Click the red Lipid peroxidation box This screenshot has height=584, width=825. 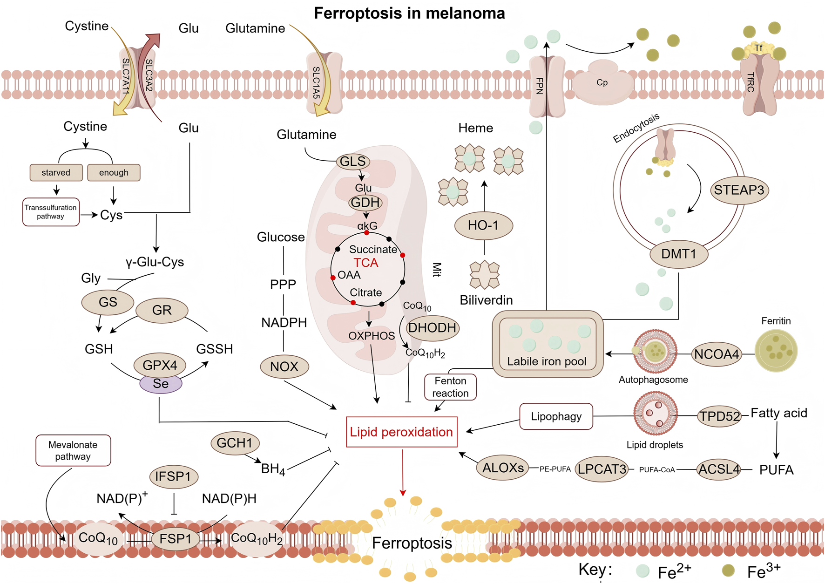(401, 432)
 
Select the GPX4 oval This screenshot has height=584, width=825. (160, 365)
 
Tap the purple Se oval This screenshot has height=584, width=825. (161, 384)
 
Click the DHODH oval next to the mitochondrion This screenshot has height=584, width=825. (432, 328)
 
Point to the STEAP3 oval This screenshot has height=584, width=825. (739, 190)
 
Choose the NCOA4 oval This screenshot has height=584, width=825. (716, 354)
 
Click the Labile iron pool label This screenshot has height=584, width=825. (547, 361)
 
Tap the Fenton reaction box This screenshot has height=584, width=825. (450, 387)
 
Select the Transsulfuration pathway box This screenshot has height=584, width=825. (51, 212)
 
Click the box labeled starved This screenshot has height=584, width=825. (56, 172)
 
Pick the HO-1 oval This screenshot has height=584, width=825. (483, 225)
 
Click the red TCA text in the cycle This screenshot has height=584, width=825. (366, 263)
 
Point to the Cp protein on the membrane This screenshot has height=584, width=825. (602, 83)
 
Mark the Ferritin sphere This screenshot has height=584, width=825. (776, 351)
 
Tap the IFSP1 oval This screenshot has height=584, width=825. (174, 476)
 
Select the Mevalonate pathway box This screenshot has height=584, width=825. (73, 450)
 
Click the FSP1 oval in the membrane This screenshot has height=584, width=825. (176, 539)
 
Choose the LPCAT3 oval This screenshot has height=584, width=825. (602, 469)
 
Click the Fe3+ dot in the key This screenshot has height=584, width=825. (728, 570)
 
